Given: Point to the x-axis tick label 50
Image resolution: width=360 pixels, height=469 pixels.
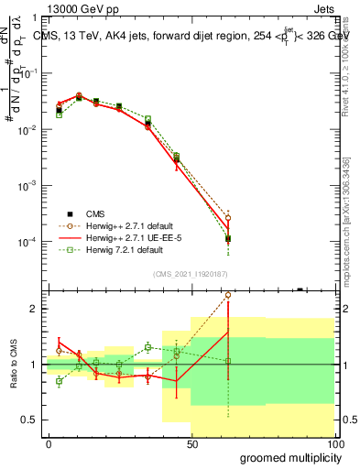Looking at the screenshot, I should click(x=191, y=444).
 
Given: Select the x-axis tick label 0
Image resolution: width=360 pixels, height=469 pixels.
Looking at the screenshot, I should click(x=49, y=444).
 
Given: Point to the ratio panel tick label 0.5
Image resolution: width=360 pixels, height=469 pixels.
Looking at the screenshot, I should click(x=33, y=420).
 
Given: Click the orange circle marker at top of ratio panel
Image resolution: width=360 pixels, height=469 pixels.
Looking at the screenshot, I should click(x=228, y=296).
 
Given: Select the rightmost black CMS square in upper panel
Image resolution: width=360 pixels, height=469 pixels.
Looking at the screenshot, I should click(x=228, y=239).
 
